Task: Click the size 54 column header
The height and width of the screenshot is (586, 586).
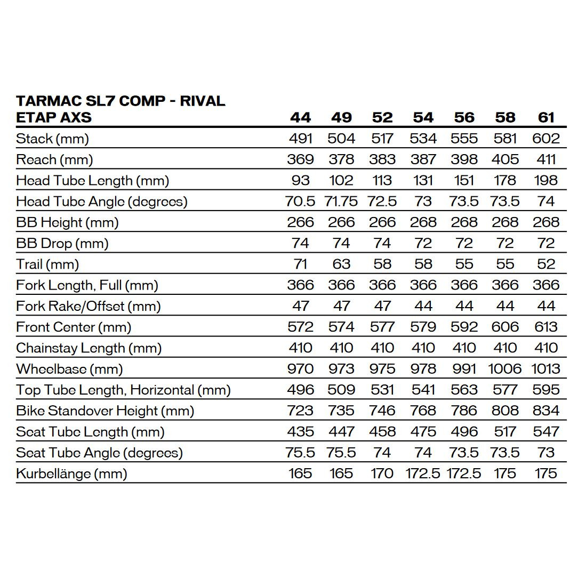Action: click(x=423, y=117)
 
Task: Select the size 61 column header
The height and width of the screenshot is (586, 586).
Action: click(x=546, y=117)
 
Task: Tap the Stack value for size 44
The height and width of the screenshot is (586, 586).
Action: click(x=300, y=139)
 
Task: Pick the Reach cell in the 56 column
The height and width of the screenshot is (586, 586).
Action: click(x=464, y=159)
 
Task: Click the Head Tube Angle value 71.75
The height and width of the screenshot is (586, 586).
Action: click(x=341, y=202)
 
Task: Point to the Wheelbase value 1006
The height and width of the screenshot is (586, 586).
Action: click(x=505, y=369)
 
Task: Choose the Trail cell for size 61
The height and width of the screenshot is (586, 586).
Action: click(x=546, y=264)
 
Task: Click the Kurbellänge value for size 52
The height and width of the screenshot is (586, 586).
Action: click(x=382, y=473)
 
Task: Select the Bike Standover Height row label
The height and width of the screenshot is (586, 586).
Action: click(x=105, y=411)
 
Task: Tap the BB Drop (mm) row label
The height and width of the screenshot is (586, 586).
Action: click(x=62, y=244)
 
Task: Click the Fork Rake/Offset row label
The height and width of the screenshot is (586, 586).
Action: click(x=89, y=307)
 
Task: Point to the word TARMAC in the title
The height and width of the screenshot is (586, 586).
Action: click(x=48, y=101)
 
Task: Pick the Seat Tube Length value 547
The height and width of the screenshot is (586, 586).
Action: click(x=546, y=432)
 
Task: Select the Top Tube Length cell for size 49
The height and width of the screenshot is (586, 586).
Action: click(x=341, y=390)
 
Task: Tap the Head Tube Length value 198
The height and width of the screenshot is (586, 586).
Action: click(x=546, y=181)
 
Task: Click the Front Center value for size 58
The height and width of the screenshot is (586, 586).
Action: click(x=505, y=327)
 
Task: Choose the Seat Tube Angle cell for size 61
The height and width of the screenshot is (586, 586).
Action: click(x=546, y=453)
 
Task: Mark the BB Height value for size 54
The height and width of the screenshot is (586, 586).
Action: click(x=423, y=222)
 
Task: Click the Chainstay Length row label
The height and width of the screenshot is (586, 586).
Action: click(x=89, y=348)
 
